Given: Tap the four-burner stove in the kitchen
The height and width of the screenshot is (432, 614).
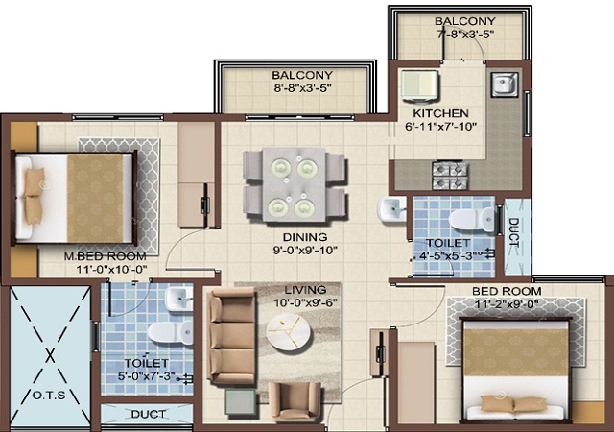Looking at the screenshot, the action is click(x=450, y=176).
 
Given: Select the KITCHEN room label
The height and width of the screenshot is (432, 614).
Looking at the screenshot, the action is click(x=440, y=113).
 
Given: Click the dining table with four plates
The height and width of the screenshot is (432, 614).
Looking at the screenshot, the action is click(x=295, y=184).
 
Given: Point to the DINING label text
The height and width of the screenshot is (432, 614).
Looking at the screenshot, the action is click(x=305, y=237).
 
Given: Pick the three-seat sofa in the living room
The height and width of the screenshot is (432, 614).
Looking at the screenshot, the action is click(x=232, y=336).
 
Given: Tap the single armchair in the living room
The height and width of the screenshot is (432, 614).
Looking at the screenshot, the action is click(x=295, y=401).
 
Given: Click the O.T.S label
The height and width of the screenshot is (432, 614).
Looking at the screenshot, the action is click(x=49, y=396).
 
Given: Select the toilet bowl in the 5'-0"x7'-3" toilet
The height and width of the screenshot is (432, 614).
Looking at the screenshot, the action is click(x=171, y=333).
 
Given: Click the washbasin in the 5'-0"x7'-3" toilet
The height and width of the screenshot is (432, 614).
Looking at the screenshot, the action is click(x=178, y=299).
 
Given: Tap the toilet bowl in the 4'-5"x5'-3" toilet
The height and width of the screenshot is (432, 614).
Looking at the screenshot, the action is click(x=472, y=220).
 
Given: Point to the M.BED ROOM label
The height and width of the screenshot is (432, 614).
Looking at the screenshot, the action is click(x=105, y=256).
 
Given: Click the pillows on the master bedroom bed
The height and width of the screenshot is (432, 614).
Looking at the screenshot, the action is click(x=35, y=196).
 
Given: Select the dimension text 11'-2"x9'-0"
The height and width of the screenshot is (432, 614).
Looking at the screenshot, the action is click(x=507, y=303).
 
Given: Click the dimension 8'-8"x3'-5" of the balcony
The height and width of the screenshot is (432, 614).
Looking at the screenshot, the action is click(x=302, y=87).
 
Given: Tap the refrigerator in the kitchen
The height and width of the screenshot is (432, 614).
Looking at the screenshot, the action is click(x=419, y=84).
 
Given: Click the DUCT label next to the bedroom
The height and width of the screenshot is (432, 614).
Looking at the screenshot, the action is click(x=513, y=233).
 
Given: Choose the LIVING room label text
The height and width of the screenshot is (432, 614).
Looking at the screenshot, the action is click(x=305, y=290).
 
